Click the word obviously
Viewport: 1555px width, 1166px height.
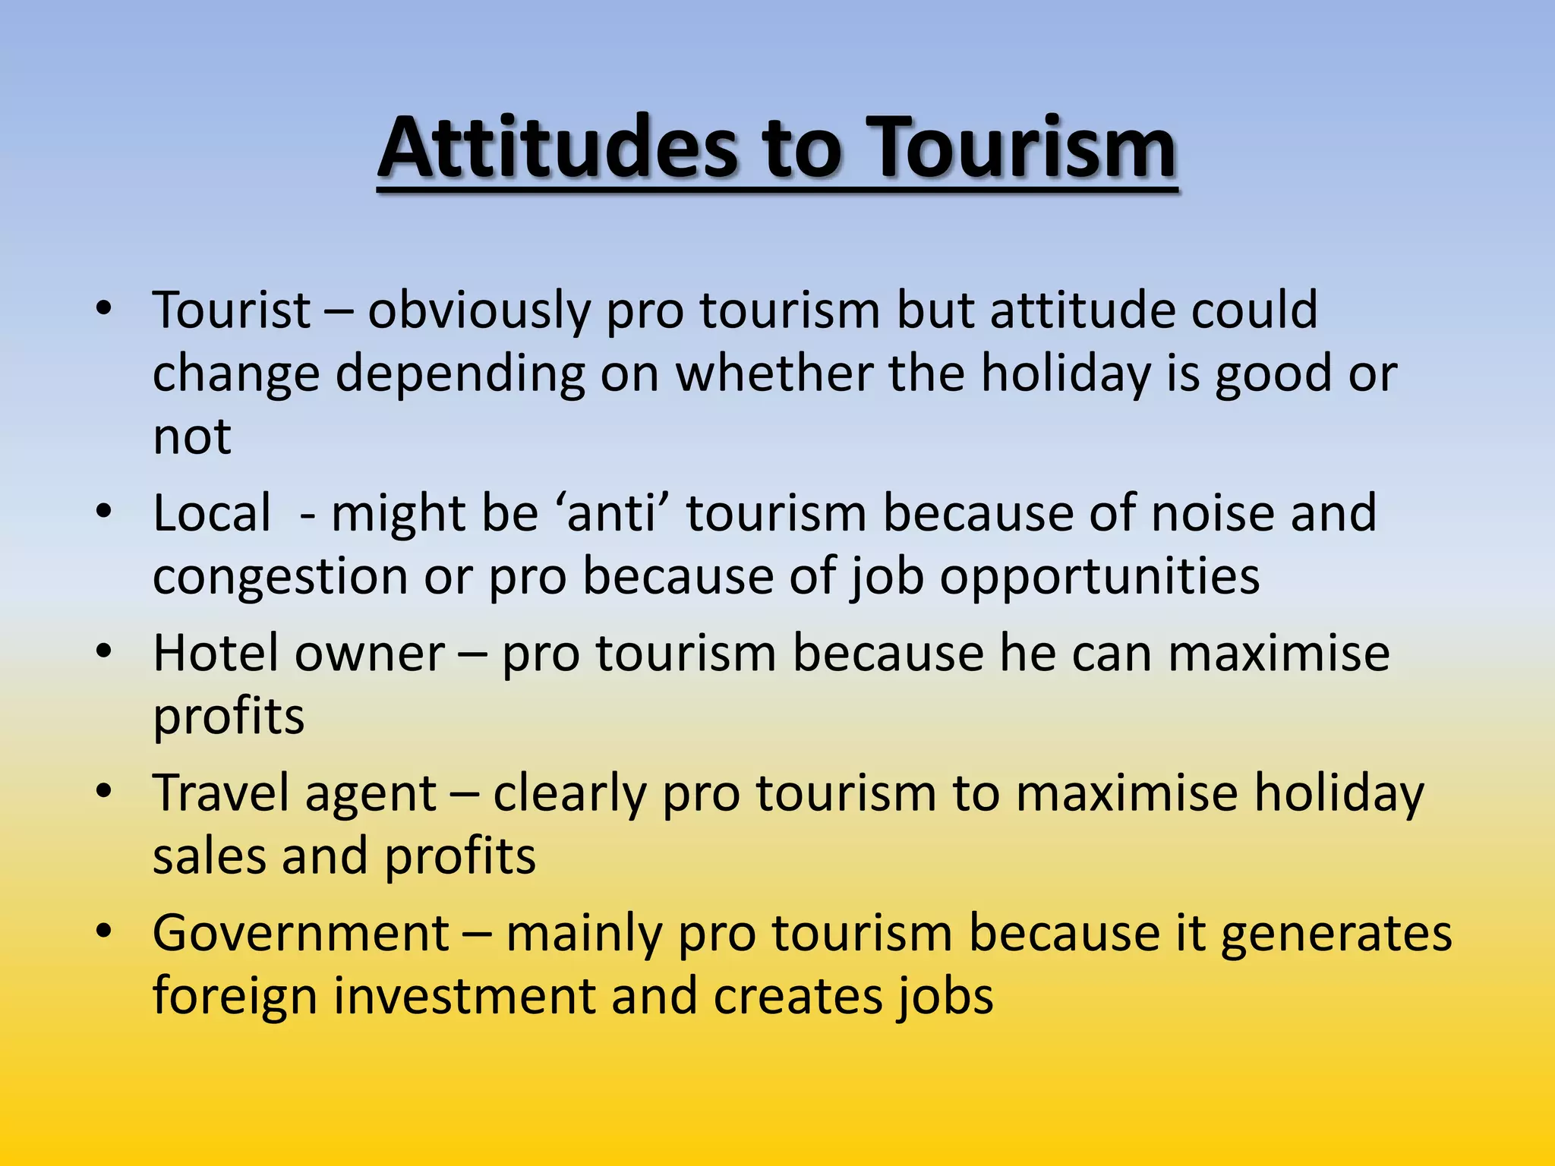pyautogui.click(x=478, y=311)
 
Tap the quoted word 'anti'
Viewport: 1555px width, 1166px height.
pyautogui.click(x=611, y=513)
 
